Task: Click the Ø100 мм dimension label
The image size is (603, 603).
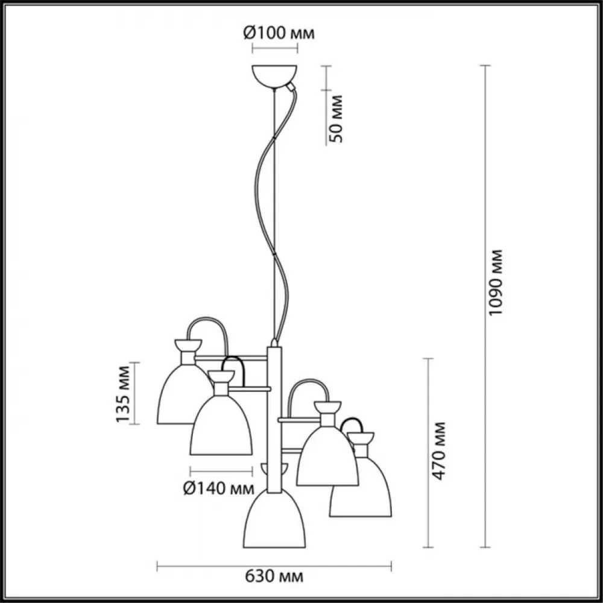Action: tap(279, 33)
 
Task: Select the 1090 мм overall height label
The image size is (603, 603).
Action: tap(495, 282)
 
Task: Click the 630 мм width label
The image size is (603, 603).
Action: tap(274, 576)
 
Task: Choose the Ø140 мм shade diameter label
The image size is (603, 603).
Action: tap(219, 488)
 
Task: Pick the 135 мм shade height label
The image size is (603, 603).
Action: tap(123, 393)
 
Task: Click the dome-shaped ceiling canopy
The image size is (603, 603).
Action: tap(274, 77)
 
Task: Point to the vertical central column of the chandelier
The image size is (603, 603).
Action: tap(274, 419)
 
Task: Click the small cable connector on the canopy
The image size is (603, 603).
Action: tap(291, 87)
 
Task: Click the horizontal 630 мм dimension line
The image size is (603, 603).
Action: tap(274, 566)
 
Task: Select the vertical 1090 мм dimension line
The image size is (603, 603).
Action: tap(485, 306)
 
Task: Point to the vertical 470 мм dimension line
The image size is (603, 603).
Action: tap(428, 453)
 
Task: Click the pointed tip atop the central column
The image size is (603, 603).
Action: tap(274, 343)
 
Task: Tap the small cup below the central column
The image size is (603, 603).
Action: tap(274, 469)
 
